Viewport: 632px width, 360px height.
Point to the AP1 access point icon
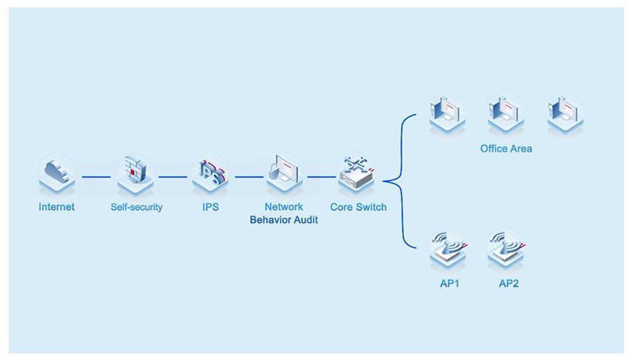click(448, 250)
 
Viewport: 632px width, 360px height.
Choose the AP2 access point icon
click(508, 250)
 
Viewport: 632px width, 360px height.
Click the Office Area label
click(506, 149)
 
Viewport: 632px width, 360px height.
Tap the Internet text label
click(57, 207)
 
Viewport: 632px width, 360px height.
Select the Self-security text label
click(136, 207)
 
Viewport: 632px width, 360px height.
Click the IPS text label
click(210, 207)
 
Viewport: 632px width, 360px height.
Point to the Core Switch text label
click(359, 207)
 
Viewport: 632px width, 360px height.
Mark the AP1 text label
click(449, 284)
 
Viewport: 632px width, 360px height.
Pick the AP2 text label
click(508, 284)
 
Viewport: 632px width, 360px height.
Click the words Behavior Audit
click(284, 220)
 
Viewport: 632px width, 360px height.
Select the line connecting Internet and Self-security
click(96, 177)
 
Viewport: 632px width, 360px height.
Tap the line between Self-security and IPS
click(172, 177)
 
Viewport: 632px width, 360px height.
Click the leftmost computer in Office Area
click(448, 113)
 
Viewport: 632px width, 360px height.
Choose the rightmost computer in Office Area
click(565, 113)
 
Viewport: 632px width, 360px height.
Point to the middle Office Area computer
click(506, 113)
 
